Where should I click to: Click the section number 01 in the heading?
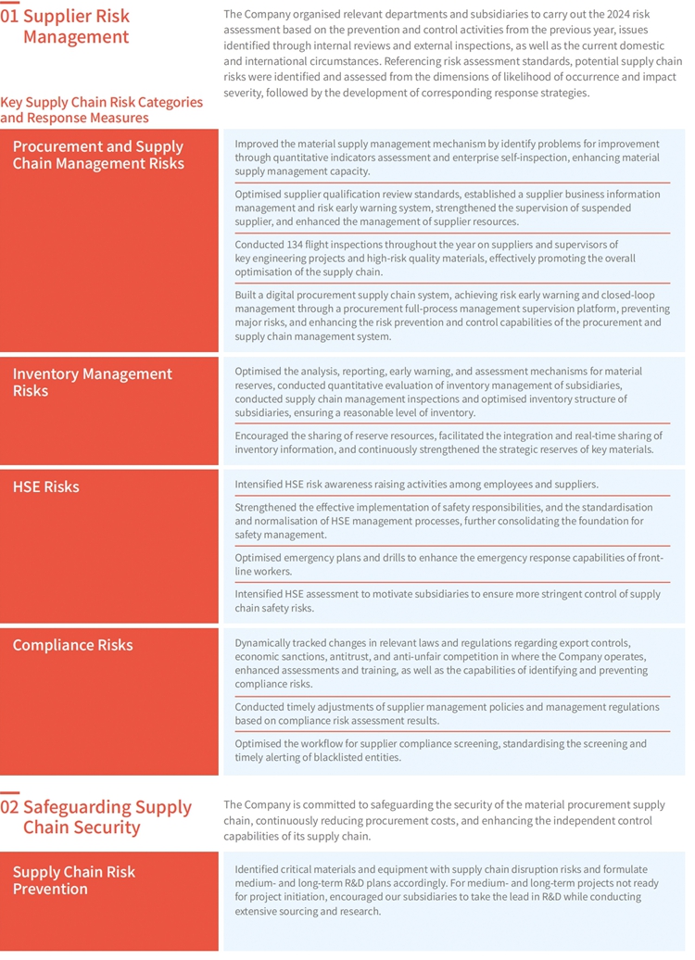10,17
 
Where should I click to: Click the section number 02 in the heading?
10,807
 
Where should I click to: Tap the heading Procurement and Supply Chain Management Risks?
98,155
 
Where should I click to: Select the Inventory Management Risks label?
92,382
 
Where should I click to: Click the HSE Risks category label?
45,486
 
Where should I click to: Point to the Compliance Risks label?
72,645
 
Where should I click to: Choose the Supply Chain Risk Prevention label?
73,880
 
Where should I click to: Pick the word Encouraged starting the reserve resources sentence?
267,436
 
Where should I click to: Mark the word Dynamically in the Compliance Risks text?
270,642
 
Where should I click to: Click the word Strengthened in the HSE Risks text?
271,508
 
